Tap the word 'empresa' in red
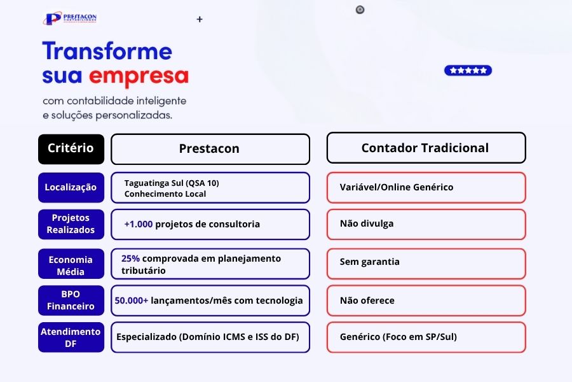click(x=139, y=76)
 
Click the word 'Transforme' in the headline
click(x=107, y=52)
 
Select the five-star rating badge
click(x=468, y=71)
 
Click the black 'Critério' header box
click(x=71, y=148)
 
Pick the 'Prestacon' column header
click(x=210, y=149)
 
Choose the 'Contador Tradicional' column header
click(x=426, y=148)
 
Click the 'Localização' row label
click(x=71, y=187)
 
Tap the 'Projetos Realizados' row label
click(x=71, y=224)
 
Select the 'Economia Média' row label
click(x=71, y=265)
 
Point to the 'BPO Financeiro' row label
click(x=71, y=301)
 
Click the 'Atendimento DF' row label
click(x=71, y=337)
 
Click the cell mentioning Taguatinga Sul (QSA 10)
click(x=210, y=188)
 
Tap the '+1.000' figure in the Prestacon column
click(x=138, y=224)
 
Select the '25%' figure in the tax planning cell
click(x=130, y=258)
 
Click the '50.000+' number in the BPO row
click(x=132, y=301)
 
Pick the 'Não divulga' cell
click(x=426, y=224)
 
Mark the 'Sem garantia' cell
click(x=426, y=262)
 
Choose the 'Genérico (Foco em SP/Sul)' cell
click(x=426, y=337)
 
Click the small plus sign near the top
click(x=200, y=20)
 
